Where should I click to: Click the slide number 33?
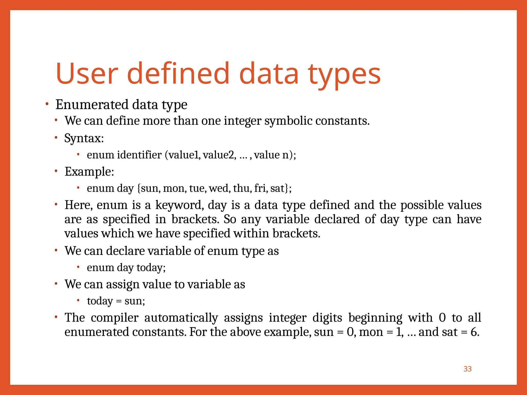pyautogui.click(x=467, y=369)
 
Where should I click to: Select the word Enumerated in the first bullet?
pyautogui.click(x=92, y=104)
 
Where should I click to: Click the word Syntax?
pyautogui.click(x=84, y=138)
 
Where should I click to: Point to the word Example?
pyautogui.click(x=89, y=172)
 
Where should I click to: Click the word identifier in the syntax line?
pyautogui.click(x=139, y=155)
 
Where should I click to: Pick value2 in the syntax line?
pyautogui.click(x=219, y=155)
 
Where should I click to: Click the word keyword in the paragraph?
pyautogui.click(x=179, y=205)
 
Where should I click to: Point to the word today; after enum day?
pyautogui.click(x=151, y=268)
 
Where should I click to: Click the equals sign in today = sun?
pyautogui.click(x=119, y=301)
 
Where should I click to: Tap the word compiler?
pyautogui.click(x=115, y=318)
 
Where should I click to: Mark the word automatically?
pyautogui.click(x=181, y=318)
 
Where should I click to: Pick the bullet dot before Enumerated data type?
pyautogui.click(x=47, y=104)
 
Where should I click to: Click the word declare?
pyautogui.click(x=125, y=251)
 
